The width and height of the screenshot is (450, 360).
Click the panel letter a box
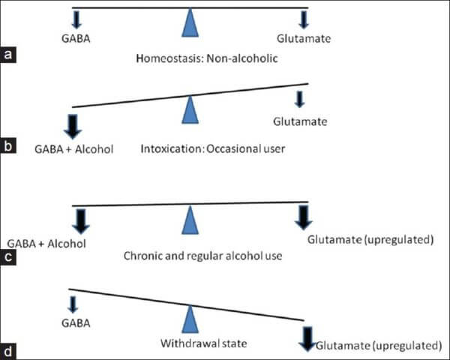point(8,55)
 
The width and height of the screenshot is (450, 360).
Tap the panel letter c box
point(8,259)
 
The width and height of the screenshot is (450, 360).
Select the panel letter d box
point(8,349)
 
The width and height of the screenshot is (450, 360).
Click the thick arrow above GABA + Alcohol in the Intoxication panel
point(73,124)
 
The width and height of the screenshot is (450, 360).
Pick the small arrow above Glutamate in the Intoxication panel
point(300,99)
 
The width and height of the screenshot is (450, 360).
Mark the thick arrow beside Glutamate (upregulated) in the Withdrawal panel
point(307,338)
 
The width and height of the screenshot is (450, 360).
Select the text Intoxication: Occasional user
point(213,148)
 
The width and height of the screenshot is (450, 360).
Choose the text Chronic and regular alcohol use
point(202,256)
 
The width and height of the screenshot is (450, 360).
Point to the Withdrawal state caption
point(192,345)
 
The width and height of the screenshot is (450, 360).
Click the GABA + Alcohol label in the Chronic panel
point(46,243)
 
